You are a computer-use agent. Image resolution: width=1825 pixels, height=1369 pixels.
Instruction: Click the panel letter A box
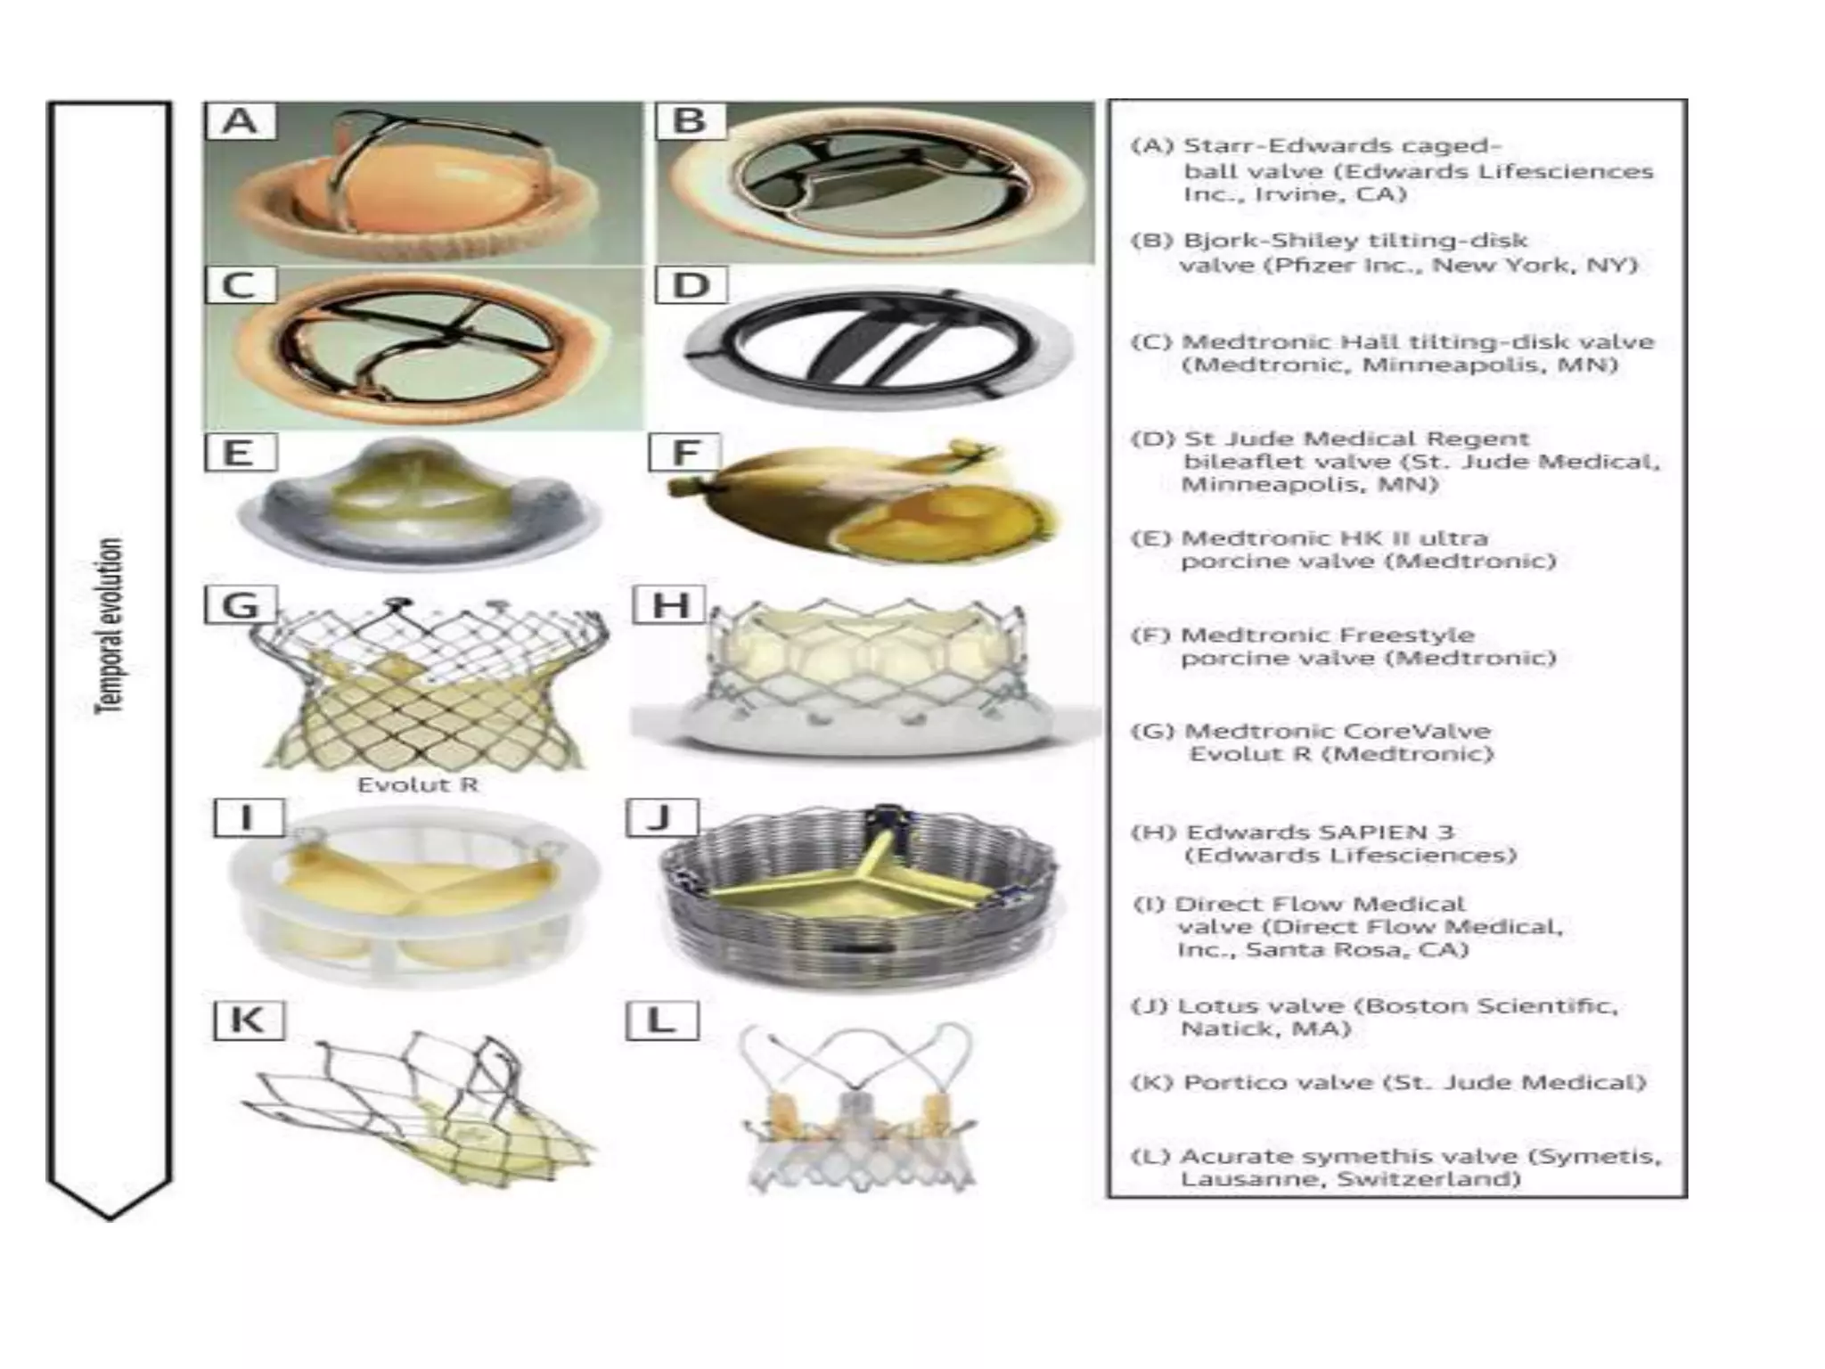(240, 121)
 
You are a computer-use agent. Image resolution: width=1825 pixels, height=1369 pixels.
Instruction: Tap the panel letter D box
(691, 286)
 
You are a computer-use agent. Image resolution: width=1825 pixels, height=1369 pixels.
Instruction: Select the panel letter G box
(241, 605)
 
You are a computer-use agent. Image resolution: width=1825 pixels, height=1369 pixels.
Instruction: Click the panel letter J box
(661, 817)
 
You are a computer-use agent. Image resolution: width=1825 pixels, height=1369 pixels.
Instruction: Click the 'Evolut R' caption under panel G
(417, 785)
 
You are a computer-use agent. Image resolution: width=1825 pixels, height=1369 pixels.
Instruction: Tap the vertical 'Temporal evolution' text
(109, 625)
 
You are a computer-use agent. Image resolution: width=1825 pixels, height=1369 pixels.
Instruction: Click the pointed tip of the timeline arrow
(110, 1216)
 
